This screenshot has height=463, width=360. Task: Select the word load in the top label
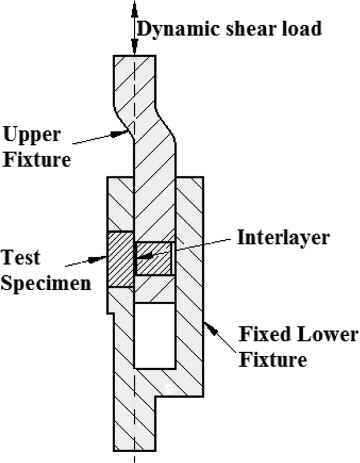click(301, 29)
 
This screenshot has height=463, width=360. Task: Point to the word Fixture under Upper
click(37, 160)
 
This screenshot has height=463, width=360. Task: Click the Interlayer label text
click(283, 237)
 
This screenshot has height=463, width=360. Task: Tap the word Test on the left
click(20, 257)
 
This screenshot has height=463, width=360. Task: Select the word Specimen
click(46, 284)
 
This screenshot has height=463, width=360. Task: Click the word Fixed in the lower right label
click(265, 334)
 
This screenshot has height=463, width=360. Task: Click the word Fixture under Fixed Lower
click(273, 360)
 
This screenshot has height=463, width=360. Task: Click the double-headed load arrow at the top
click(134, 28)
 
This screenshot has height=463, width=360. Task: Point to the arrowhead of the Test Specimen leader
click(98, 259)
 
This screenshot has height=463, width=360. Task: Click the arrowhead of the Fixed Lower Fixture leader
click(211, 328)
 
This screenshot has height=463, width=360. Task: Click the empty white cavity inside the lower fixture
click(155, 335)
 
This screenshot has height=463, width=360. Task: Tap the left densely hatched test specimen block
click(121, 259)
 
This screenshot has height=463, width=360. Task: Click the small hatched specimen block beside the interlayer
click(154, 258)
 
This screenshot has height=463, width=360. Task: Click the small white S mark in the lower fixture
click(169, 388)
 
